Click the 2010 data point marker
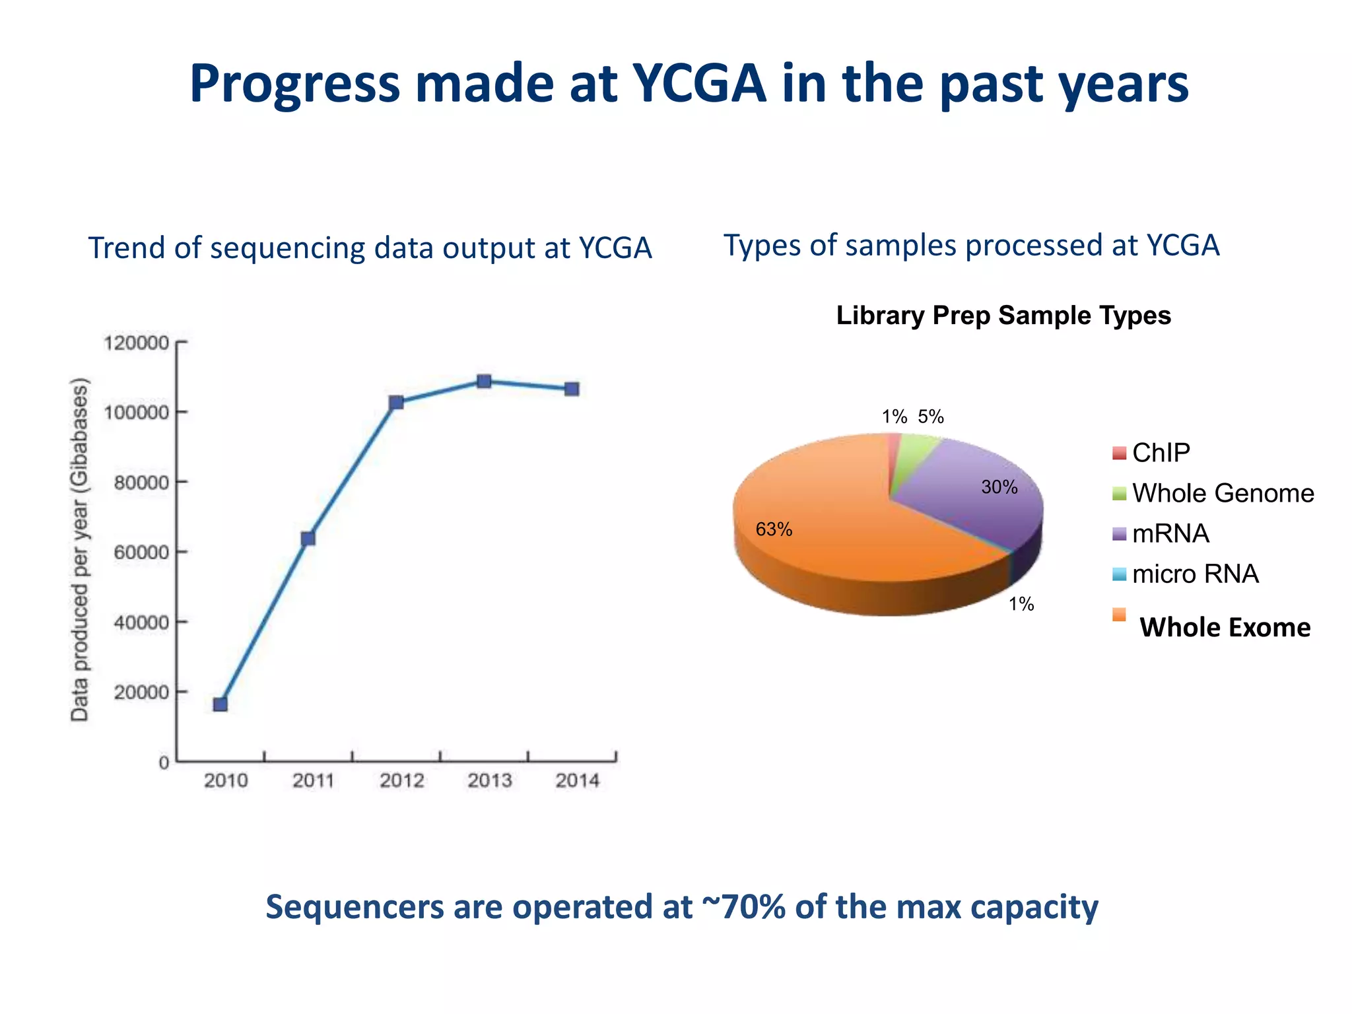220,704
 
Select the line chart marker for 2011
308,539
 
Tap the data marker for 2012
396,403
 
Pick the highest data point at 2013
484,382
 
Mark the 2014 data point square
572,389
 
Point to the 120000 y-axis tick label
136,343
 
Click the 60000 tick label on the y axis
141,553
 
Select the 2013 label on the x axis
489,781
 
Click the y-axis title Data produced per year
80,549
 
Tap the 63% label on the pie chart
774,529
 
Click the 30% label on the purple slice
999,487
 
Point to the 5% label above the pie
931,417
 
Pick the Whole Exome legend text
1225,627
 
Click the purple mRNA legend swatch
1119,534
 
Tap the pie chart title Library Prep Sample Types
1003,316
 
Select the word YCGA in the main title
699,84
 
